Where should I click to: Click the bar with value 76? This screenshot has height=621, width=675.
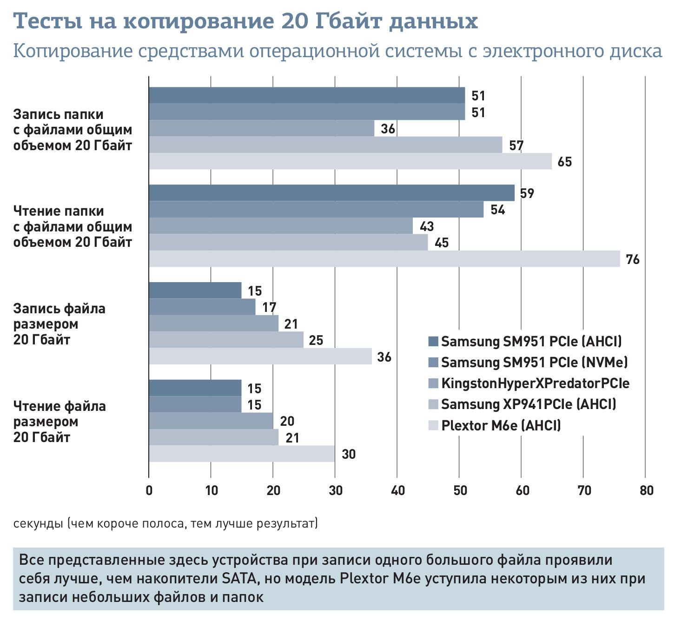[384, 259]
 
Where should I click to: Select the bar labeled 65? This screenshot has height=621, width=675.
[350, 161]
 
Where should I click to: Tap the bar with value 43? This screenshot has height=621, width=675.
[281, 226]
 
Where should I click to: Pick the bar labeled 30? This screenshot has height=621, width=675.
[242, 454]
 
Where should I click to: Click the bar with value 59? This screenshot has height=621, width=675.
[331, 193]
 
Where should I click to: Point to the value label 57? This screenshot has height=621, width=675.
[516, 145]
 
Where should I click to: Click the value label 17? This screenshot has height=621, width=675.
[269, 307]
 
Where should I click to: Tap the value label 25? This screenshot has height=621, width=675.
[316, 340]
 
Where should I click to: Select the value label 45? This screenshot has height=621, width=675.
[441, 243]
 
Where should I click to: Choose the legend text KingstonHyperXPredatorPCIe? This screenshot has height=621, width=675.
[535, 383]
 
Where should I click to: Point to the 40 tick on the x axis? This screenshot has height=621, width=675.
[398, 491]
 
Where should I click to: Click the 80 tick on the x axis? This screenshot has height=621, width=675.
[646, 491]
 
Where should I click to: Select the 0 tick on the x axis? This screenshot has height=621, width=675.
[149, 491]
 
